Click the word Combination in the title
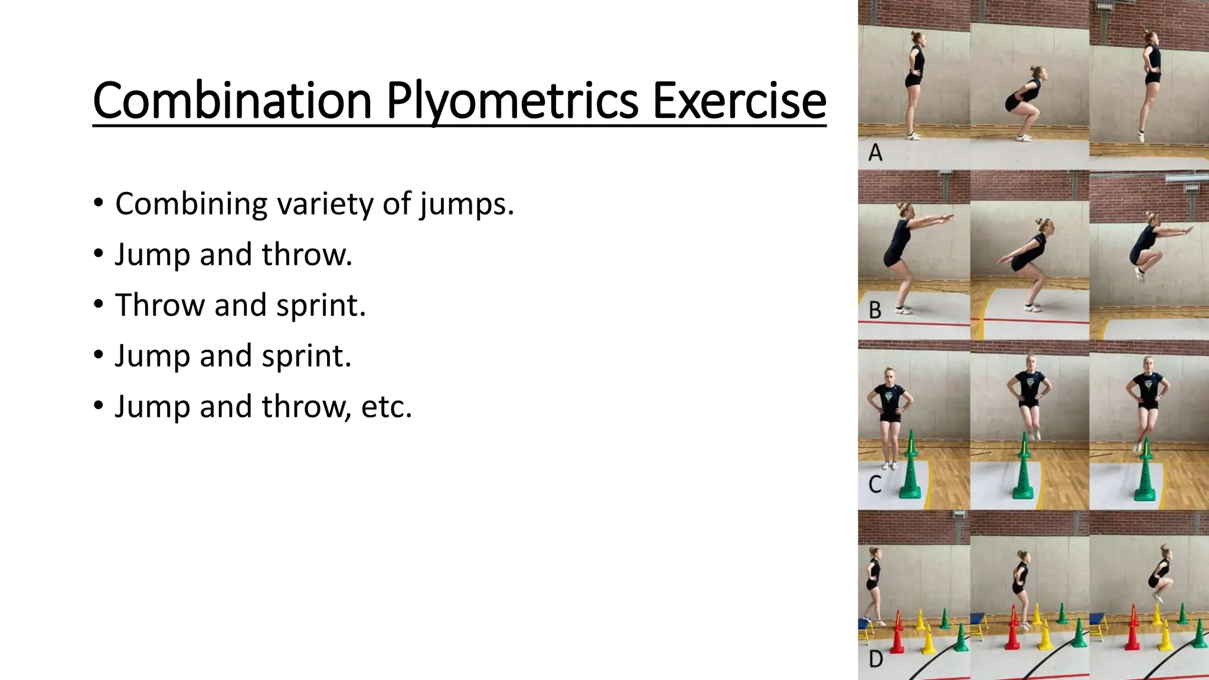point(231,101)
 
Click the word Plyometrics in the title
point(512,101)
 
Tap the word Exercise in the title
point(739,101)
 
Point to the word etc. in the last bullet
point(386,407)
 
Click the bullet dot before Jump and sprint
point(99,355)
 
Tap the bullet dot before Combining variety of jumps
point(99,203)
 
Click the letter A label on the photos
point(875,153)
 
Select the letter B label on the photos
point(875,310)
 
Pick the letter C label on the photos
point(875,485)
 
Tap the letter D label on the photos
point(876,659)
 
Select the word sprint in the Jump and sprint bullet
point(306,356)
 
